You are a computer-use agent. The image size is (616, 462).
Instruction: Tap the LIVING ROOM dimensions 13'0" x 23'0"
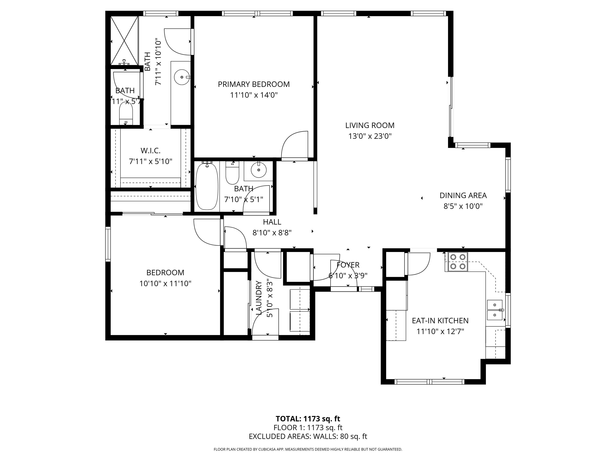[370, 136]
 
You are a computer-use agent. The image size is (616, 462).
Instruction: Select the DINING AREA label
[463, 195]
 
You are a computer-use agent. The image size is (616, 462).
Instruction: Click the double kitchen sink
[495, 310]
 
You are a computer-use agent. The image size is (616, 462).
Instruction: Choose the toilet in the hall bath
[232, 174]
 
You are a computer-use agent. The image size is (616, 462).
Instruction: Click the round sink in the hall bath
[259, 170]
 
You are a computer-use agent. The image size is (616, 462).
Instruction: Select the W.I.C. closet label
[150, 151]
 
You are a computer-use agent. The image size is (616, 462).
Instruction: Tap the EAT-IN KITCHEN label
[440, 321]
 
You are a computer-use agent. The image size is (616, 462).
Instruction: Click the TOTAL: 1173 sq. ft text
[308, 418]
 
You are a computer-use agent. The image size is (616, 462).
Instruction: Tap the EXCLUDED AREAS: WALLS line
[308, 436]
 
